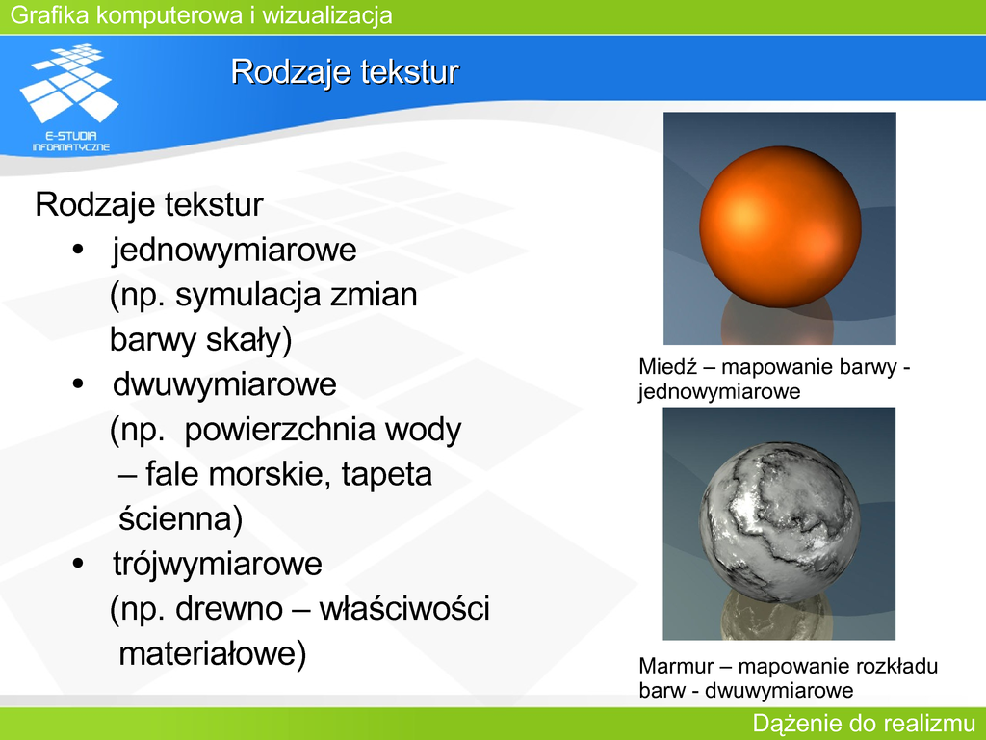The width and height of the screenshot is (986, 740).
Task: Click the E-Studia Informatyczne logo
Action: coord(69,97)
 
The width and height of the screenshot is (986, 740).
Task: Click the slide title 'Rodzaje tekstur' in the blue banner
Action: coord(346,71)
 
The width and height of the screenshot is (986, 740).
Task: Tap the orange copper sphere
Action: coord(780,226)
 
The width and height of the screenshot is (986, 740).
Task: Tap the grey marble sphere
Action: coord(780,522)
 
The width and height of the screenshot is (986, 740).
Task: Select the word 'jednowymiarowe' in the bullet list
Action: coord(235,250)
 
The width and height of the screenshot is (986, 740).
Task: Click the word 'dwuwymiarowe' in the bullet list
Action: coord(224,384)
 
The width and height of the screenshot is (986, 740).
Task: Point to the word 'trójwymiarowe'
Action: coord(218,564)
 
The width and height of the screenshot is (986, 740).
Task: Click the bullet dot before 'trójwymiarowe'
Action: coord(78,564)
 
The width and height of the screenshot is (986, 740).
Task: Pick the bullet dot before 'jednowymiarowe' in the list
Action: coord(78,250)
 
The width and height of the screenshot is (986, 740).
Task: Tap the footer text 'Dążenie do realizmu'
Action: coord(864,724)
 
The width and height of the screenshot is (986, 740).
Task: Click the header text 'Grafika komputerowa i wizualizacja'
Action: coord(201,15)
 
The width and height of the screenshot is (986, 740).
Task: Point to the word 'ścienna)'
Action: coord(180,519)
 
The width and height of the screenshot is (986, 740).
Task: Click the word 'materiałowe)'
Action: coord(213,654)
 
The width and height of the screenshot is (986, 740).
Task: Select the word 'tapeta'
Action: coord(387,475)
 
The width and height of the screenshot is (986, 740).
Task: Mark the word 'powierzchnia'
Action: coord(280,431)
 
